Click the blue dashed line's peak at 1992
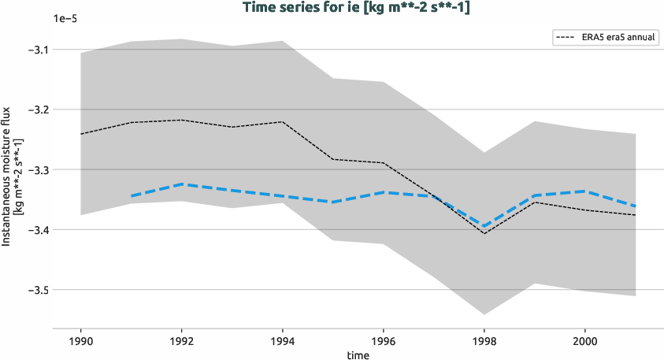(182, 184)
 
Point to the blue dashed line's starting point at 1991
(132, 195)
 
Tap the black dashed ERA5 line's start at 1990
(81, 134)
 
